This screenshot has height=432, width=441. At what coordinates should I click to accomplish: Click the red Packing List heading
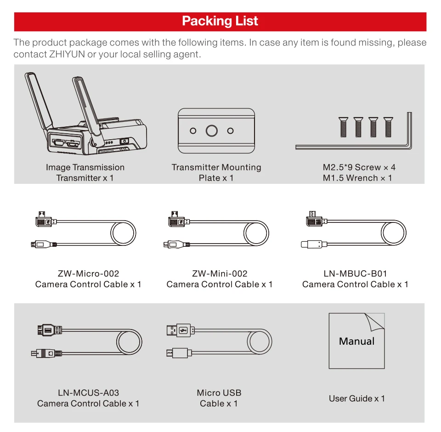220,21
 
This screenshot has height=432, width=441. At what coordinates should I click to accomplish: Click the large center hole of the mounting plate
211,131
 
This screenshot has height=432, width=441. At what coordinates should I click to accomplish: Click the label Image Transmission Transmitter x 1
85,172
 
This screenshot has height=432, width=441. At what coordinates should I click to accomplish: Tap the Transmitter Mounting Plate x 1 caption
216,172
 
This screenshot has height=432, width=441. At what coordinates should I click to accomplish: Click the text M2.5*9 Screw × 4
359,167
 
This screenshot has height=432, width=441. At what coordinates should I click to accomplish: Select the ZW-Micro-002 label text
89,273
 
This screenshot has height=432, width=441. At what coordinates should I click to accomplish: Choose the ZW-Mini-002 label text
220,273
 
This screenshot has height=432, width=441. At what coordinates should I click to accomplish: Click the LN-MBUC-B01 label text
355,273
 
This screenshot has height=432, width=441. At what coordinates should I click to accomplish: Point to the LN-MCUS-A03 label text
88,392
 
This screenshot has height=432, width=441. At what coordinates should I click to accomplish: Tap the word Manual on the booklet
356,341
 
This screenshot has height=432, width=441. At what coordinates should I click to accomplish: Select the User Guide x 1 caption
357,398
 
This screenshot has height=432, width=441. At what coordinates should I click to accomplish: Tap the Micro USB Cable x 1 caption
219,398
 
